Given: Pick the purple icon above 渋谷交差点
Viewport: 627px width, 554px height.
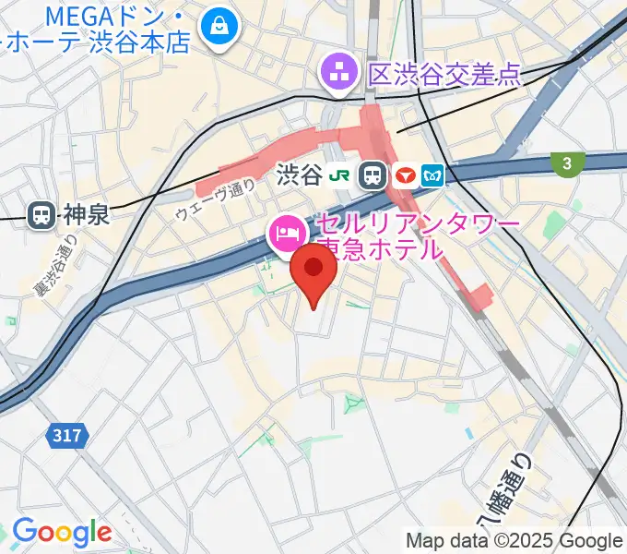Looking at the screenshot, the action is coord(338,70).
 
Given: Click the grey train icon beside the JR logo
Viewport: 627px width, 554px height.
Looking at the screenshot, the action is coord(373,174).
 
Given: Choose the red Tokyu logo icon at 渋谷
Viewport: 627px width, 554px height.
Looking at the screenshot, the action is coord(404,174).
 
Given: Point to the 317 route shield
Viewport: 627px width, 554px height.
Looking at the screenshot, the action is coord(66,434).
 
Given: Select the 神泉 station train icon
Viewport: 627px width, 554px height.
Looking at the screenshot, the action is coord(41,215).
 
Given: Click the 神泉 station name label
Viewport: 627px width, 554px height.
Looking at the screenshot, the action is coord(86,215).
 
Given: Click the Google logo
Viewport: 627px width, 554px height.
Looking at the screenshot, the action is coord(61,533).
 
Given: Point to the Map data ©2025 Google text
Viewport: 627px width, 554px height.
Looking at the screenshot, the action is coord(515,540).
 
